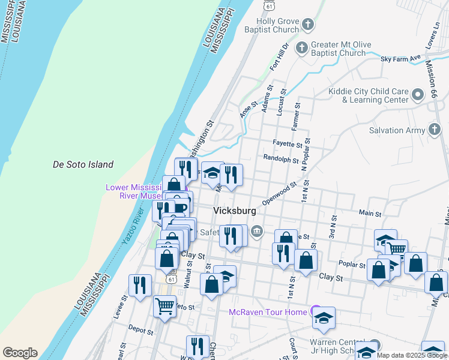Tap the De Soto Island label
tap(83, 164)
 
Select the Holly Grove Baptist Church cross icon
tap(308, 25)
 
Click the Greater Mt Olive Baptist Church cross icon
tap(304, 47)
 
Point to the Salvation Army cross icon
tap(435, 130)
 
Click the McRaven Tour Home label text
tap(268, 312)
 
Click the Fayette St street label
tap(287, 145)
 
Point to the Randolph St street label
tap(281, 160)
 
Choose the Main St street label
tap(370, 213)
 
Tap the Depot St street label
tap(140, 329)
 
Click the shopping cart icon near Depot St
tap(164, 307)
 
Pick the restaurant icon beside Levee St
tap(140, 285)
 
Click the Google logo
tap(20, 353)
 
